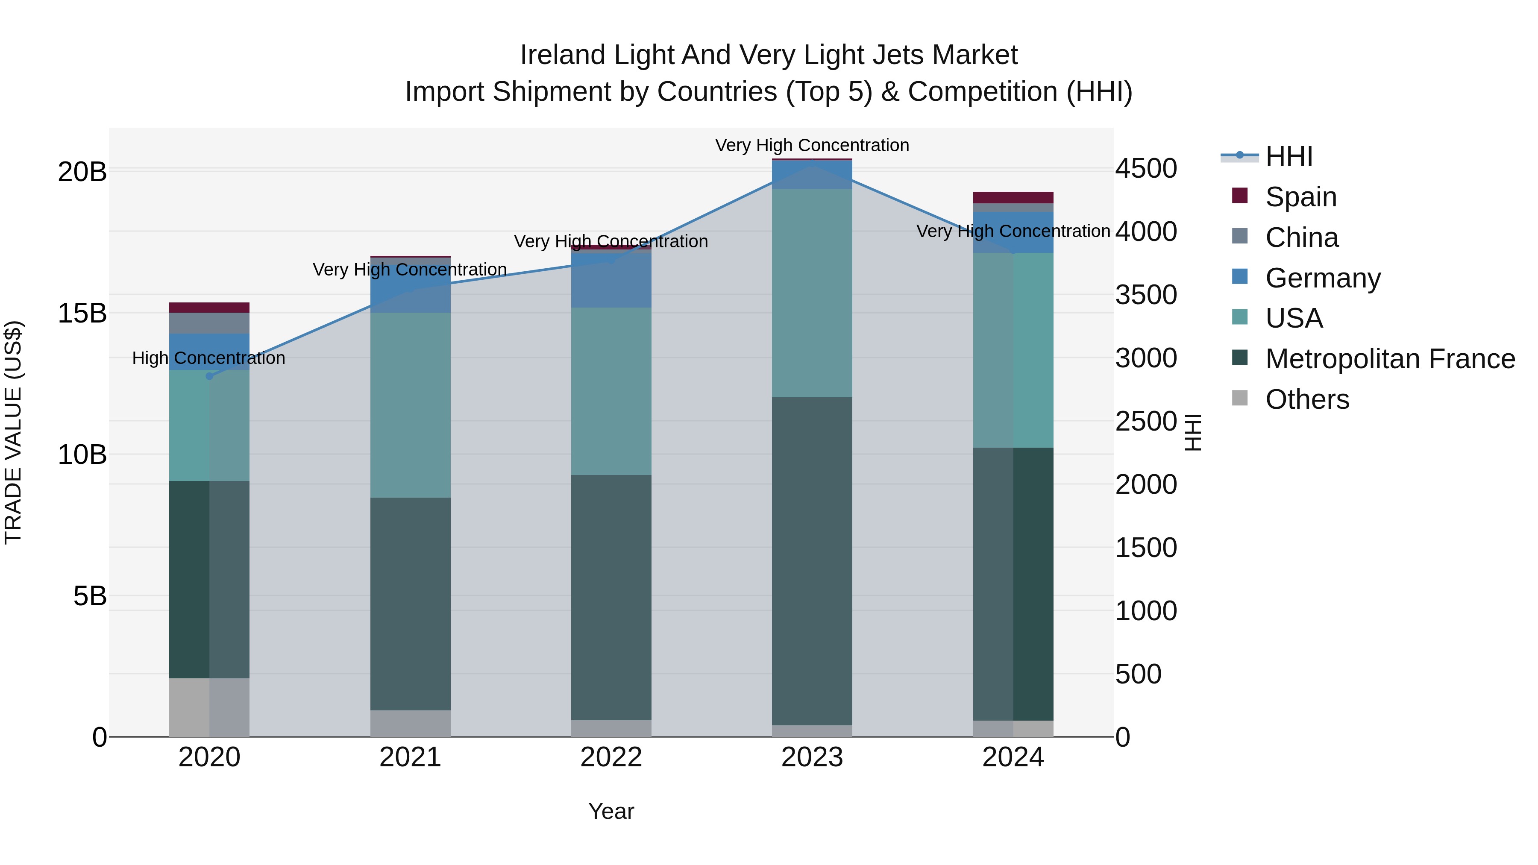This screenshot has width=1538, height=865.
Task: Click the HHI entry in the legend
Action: click(x=1289, y=156)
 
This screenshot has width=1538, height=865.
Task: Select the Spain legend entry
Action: click(x=1300, y=197)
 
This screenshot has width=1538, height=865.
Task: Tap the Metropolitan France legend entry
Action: click(x=1390, y=359)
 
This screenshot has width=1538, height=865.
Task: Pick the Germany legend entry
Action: click(x=1322, y=278)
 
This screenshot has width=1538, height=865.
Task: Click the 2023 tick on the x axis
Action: click(x=812, y=757)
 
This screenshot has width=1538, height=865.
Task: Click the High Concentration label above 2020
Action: click(x=208, y=358)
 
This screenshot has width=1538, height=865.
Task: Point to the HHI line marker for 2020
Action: click(x=209, y=376)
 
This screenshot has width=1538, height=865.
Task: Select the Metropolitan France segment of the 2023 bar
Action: click(x=812, y=561)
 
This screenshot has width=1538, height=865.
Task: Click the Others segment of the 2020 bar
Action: click(x=209, y=707)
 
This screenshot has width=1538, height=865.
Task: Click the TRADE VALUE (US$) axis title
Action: click(x=13, y=432)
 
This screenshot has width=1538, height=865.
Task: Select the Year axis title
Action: click(x=611, y=811)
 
